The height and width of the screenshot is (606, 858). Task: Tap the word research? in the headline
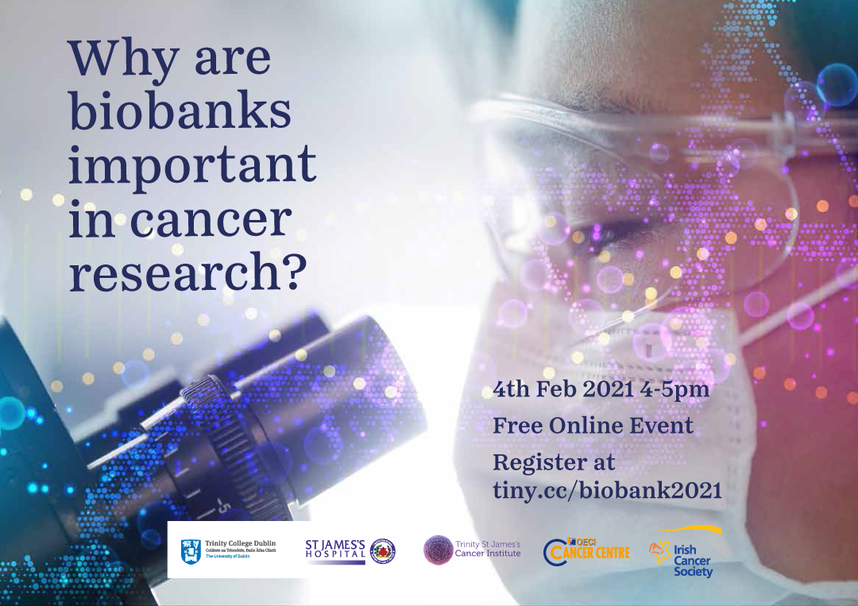tap(188, 273)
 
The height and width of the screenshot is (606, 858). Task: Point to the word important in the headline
tap(192, 166)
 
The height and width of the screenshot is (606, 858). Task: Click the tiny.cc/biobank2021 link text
tap(607, 490)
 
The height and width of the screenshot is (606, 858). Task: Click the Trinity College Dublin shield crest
tap(191, 550)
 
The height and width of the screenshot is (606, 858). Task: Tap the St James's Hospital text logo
tap(335, 549)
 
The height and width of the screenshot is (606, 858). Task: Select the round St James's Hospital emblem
tap(383, 550)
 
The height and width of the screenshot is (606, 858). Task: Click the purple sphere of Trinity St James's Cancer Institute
tap(437, 549)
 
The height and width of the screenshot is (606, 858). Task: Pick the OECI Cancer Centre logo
tap(586, 549)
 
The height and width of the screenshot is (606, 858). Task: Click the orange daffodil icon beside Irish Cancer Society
tap(659, 551)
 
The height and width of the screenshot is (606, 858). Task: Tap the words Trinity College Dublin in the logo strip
tap(240, 542)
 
